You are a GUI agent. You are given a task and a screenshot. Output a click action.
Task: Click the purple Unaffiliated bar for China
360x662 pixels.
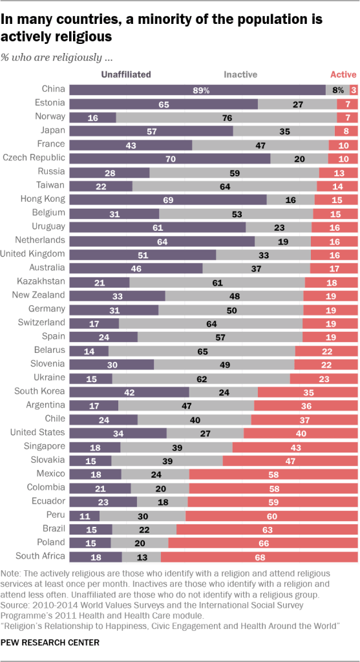coord(197,90)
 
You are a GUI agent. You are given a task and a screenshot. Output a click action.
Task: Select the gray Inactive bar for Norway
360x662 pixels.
coord(226,117)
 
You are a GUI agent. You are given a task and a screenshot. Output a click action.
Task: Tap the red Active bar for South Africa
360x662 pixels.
coord(259,556)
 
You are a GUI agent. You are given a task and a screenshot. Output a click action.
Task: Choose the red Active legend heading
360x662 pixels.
coord(343,74)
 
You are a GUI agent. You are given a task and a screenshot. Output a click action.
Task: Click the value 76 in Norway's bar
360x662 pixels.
coord(227,117)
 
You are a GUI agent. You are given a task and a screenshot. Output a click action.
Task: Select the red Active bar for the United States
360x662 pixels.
coord(301,432)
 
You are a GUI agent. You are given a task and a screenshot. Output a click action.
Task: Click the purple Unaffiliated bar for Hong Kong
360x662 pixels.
coord(168,199)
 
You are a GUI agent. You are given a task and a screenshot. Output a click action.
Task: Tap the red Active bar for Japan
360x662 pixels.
coord(346,131)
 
